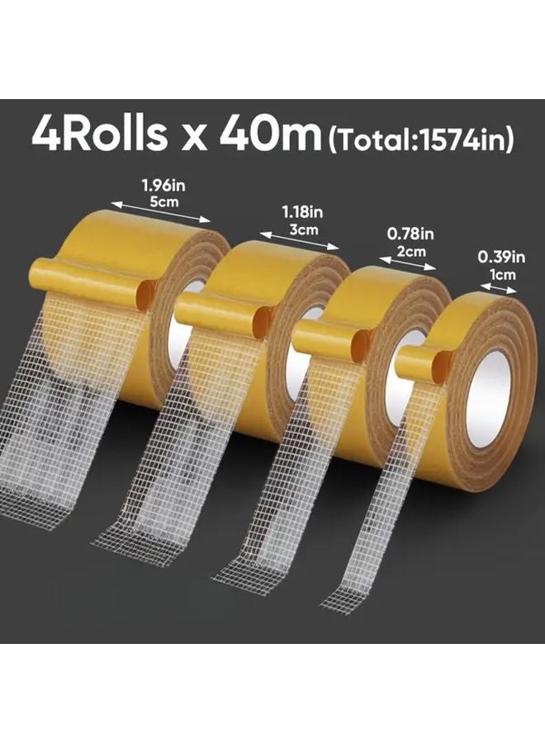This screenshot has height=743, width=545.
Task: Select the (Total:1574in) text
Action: click(x=420, y=138)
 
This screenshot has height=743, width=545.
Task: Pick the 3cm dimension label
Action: click(x=298, y=228)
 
